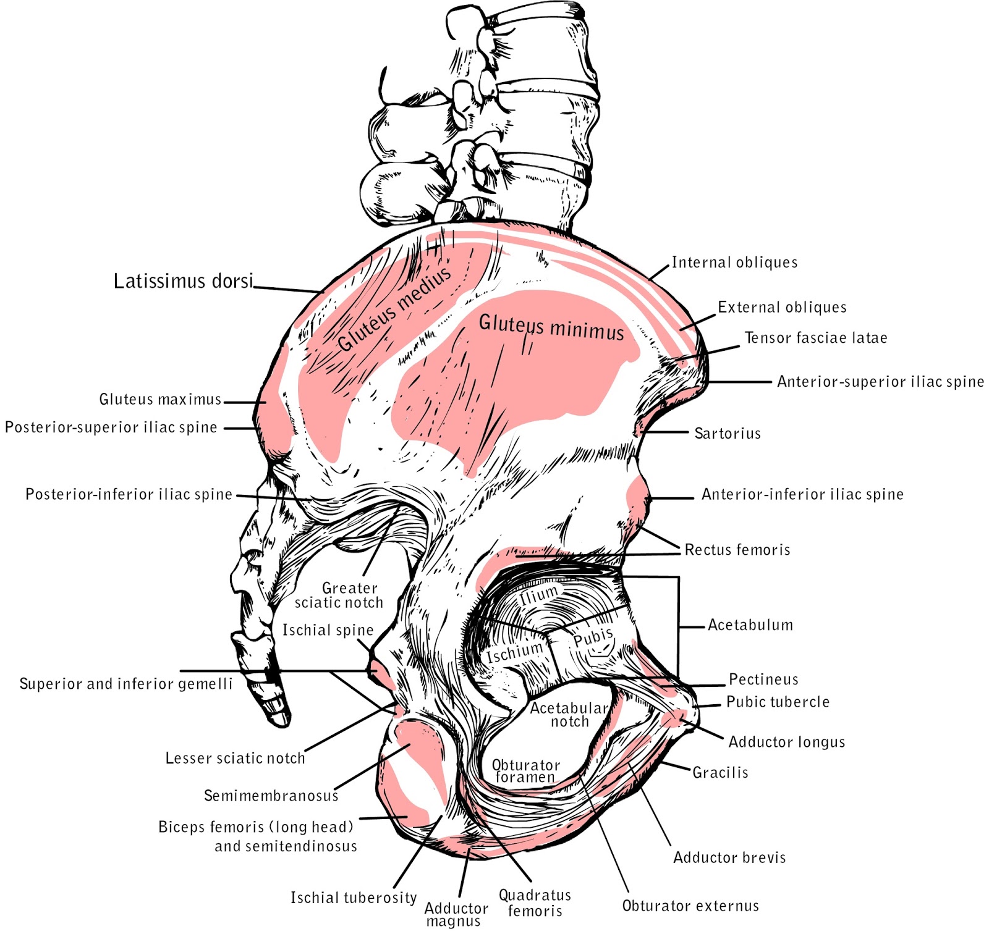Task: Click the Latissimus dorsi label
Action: tap(184, 281)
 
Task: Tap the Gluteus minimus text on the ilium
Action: tap(551, 327)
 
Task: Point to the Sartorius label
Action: tap(728, 433)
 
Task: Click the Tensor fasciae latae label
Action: tap(815, 338)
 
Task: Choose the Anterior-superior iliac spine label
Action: tap(880, 382)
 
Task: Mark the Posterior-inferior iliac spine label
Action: tap(129, 494)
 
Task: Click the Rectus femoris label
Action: tap(737, 550)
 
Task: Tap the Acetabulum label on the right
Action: tap(750, 625)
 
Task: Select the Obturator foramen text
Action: tap(526, 772)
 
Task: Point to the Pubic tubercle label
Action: tap(778, 702)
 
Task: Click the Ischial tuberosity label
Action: tap(354, 898)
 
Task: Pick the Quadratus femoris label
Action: tap(535, 902)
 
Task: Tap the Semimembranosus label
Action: tap(271, 796)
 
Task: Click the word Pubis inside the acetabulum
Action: tap(593, 637)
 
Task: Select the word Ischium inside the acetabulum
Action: tap(515, 652)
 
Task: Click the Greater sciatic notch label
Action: tap(339, 595)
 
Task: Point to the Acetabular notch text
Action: tap(569, 715)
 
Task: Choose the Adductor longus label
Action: tap(786, 742)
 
